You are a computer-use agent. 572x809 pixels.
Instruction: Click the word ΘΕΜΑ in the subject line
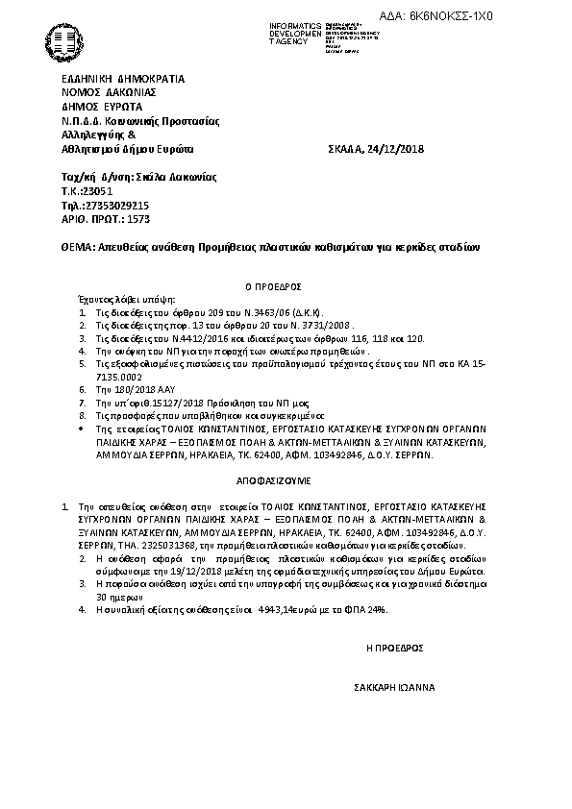tap(76, 247)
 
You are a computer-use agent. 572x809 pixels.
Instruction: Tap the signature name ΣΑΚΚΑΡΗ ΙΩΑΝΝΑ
tap(394, 688)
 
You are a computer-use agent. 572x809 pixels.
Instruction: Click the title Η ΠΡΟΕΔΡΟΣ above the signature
tap(395, 649)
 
